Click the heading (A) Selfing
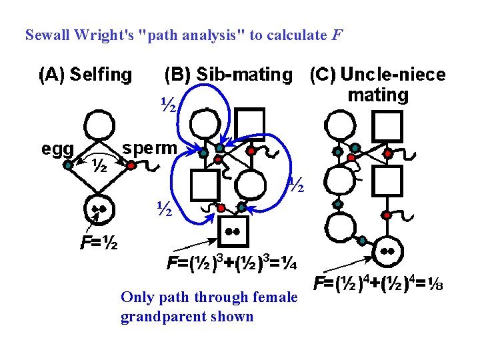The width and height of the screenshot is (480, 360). pyautogui.click(x=85, y=74)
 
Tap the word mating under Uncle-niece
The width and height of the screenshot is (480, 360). pyautogui.click(x=378, y=95)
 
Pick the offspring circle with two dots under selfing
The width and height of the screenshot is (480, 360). pyautogui.click(x=99, y=212)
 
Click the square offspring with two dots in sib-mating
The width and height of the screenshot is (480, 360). pyautogui.click(x=233, y=232)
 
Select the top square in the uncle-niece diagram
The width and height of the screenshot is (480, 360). pyautogui.click(x=388, y=126)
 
